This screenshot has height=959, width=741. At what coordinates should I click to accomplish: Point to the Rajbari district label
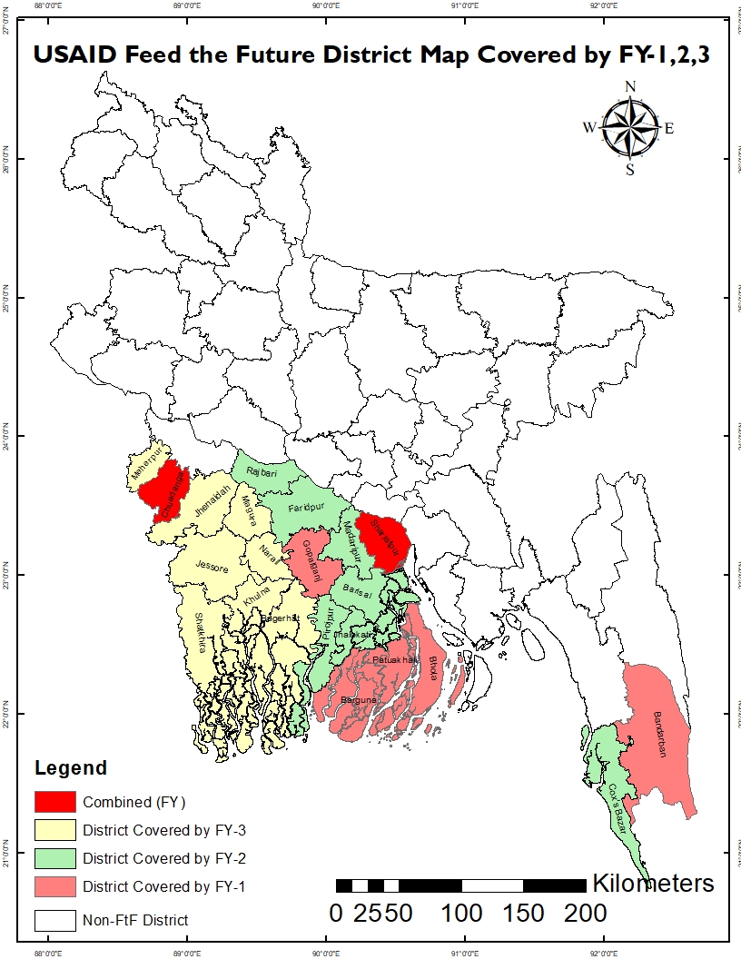click(262, 473)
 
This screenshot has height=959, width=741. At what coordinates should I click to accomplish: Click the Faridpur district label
click(305, 508)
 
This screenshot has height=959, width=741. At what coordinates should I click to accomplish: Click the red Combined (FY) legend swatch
click(55, 802)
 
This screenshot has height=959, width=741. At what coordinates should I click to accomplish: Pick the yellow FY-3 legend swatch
click(55, 829)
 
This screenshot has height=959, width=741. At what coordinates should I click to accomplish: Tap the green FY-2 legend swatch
click(55, 857)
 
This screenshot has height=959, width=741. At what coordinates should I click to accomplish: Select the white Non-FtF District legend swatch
click(55, 920)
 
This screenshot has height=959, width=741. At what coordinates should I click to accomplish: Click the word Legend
click(71, 768)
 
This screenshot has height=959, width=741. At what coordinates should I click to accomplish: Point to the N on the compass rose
click(630, 87)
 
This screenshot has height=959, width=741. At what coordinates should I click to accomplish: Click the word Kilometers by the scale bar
click(653, 883)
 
